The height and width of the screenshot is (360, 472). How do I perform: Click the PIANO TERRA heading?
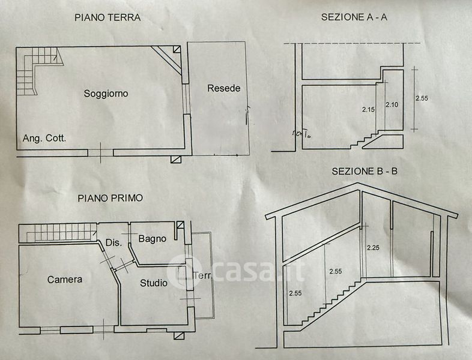click(107, 17)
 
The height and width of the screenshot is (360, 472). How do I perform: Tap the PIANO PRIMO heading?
click(109, 197)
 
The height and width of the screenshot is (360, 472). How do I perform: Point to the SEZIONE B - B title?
click(365, 172)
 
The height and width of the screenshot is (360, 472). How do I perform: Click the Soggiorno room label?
click(106, 93)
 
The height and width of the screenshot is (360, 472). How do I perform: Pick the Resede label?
click(223, 88)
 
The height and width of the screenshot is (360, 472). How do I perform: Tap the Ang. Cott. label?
click(44, 138)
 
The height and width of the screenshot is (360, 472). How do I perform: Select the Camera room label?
click(65, 280)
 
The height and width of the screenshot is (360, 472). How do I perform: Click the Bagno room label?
click(152, 239)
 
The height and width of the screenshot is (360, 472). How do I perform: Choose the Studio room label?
click(154, 283)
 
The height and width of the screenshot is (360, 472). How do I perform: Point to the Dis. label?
click(113, 243)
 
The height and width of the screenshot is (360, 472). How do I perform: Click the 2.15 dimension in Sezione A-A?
click(368, 109)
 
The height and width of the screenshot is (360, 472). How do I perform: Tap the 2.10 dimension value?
click(392, 105)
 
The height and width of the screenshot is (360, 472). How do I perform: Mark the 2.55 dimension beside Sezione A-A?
click(421, 98)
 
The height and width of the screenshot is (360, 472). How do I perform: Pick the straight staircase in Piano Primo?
click(58, 232)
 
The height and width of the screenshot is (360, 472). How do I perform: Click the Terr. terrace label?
click(202, 276)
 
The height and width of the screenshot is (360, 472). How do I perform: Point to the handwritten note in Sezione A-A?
click(301, 133)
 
